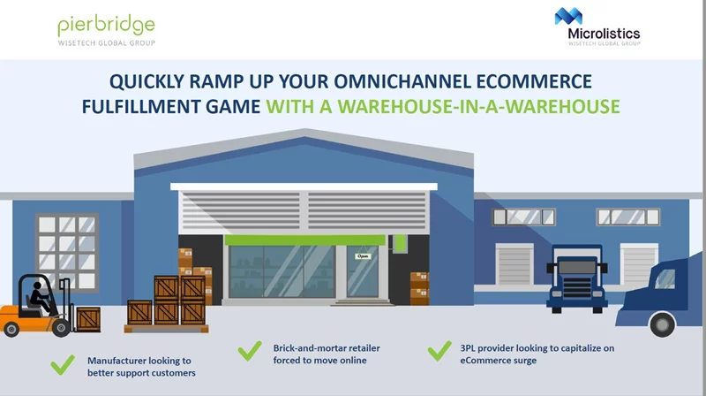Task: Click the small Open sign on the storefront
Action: coord(363,255)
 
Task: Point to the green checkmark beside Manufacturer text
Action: coord(62,363)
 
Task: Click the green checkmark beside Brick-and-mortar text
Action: coord(251,351)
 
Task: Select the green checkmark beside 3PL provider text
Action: coord(439,351)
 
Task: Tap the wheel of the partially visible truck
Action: coord(663,324)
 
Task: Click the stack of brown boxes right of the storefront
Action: coord(418,287)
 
